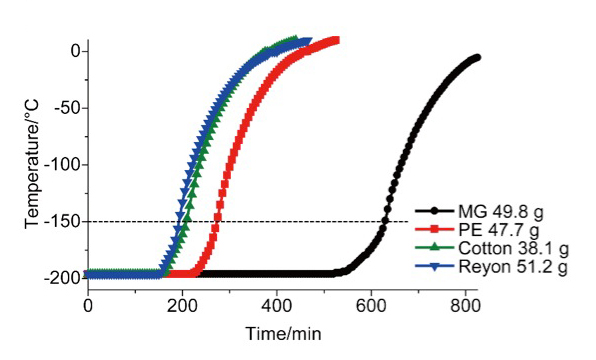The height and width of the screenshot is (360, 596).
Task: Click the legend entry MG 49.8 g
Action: click(499, 212)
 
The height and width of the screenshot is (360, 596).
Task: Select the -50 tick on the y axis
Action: click(66, 108)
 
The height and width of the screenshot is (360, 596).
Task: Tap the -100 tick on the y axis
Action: click(62, 164)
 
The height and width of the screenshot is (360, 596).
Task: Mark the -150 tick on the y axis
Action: click(62, 221)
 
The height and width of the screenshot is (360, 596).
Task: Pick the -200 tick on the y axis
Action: click(62, 277)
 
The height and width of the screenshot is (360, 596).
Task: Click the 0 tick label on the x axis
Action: click(88, 304)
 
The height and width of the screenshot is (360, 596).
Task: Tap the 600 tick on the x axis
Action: click(371, 304)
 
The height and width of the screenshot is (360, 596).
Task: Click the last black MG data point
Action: click(476, 58)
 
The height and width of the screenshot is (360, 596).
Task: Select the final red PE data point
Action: click(336, 41)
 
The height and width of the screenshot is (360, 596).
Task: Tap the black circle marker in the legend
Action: click(433, 212)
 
